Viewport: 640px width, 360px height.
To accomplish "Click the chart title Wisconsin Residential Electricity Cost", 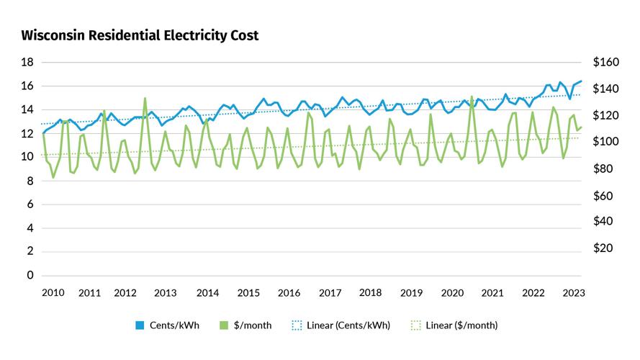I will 140,35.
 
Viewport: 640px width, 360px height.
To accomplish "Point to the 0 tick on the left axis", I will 30,275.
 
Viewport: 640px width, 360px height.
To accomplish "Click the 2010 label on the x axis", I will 53,293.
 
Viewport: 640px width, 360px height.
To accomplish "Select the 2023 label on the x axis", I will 574,293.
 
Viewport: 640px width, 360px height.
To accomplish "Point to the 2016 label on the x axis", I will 289,293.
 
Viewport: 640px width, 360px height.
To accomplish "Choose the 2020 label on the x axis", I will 452,293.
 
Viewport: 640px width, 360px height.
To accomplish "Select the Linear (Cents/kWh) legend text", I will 348,325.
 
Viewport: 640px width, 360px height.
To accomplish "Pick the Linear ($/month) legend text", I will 460,325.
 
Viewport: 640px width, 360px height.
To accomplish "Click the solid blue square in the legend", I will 140,325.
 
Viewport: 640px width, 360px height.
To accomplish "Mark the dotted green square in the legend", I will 415,325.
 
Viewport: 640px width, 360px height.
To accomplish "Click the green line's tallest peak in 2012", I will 145,98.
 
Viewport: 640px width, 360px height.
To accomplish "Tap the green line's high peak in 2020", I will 472,96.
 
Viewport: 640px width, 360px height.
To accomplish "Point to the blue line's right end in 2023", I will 581,81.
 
